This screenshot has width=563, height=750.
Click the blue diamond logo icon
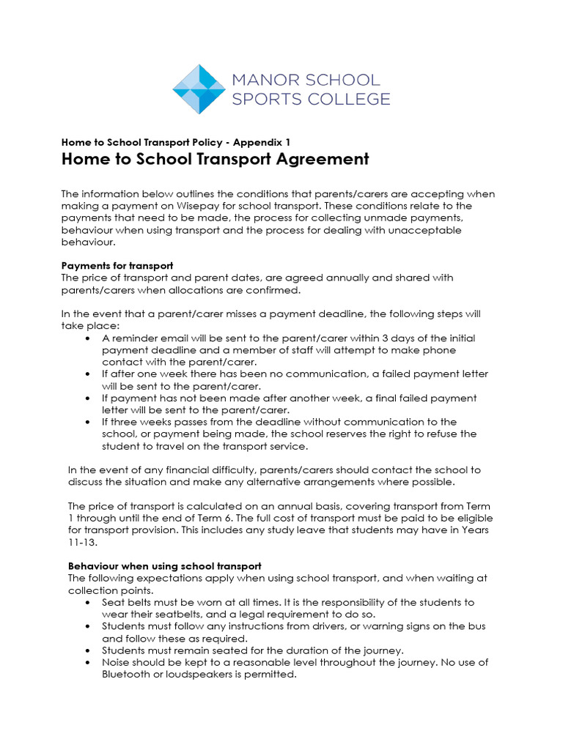click(199, 89)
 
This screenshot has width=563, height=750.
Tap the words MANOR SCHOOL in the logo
click(306, 80)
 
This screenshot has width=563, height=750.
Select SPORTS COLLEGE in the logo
click(311, 99)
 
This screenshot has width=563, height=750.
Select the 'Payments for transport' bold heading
click(117, 265)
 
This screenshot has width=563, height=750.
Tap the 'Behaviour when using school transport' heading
click(164, 566)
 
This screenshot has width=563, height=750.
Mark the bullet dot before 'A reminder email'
click(88, 338)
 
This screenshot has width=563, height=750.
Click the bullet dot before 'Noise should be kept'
click(88, 663)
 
